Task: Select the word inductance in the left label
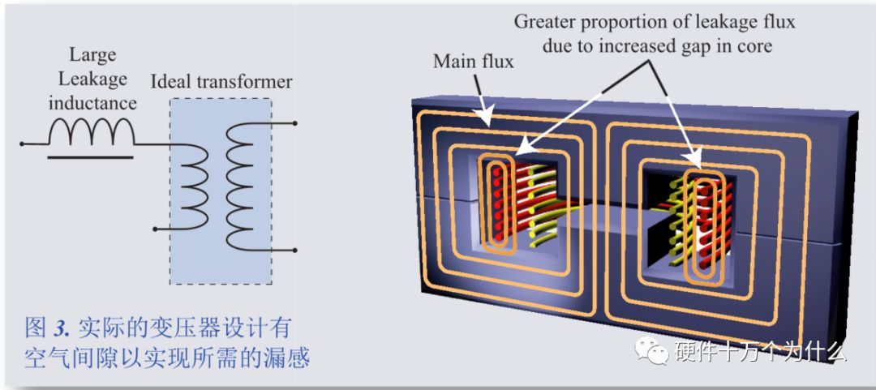coord(92,103)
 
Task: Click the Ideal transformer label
coord(221,82)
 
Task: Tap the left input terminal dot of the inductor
coord(23,144)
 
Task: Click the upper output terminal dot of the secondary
coord(294,124)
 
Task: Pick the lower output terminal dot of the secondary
coord(294,251)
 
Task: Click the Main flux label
coord(473,62)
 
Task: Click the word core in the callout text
coord(754,46)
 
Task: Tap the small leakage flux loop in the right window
coord(699,227)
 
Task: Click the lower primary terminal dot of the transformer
coord(154,229)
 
